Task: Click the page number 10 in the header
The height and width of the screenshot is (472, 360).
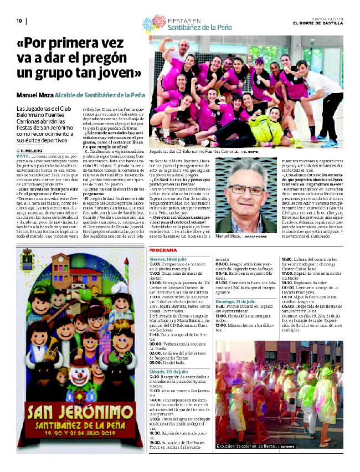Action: (x=18, y=21)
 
